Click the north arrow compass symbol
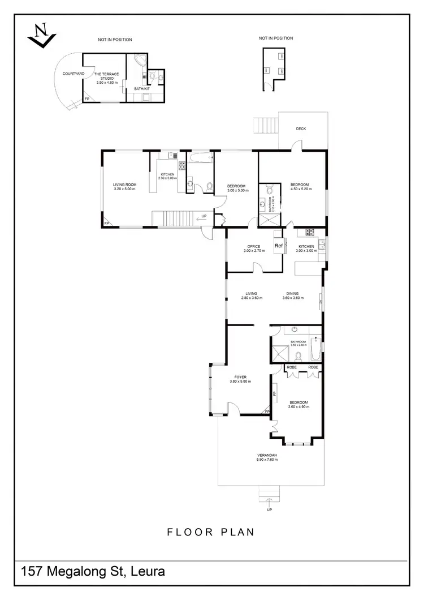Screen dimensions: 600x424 (x=41, y=35)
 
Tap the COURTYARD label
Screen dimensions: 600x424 (x=73, y=74)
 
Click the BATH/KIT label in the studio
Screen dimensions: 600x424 (x=141, y=89)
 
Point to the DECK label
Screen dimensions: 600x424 (x=301, y=129)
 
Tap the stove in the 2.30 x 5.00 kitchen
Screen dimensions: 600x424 (x=183, y=166)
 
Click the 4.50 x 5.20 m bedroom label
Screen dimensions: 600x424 (x=300, y=186)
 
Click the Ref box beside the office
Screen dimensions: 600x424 (x=278, y=246)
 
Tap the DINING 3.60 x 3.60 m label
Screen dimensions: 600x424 (x=292, y=295)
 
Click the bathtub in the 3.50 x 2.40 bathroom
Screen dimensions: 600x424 (x=315, y=349)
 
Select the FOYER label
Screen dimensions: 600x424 (x=240, y=379)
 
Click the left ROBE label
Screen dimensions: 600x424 (x=292, y=367)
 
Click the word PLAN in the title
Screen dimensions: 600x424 (x=236, y=532)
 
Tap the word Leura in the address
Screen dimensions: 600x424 (x=148, y=572)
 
